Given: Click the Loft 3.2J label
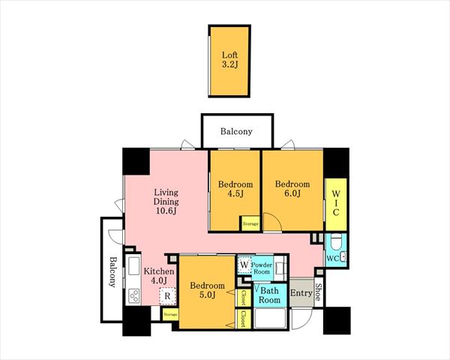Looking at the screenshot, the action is (230, 59).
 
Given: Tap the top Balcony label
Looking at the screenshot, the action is (236, 131).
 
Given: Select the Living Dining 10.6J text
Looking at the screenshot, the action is (166, 202).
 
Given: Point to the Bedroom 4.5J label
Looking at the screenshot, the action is (235, 188).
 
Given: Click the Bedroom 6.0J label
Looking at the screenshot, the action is (292, 188).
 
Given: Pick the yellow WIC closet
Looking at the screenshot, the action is (336, 204).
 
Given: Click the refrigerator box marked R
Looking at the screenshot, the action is (167, 295).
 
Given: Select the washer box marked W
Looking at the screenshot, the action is (244, 265).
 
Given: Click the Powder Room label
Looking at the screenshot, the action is (262, 268).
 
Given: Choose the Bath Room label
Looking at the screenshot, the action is (269, 295).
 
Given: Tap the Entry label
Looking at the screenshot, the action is (301, 292).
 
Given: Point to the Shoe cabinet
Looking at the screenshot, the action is (318, 292).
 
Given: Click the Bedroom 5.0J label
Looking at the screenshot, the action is (207, 290).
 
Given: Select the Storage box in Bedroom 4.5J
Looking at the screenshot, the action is (250, 223).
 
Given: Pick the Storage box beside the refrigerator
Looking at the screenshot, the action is (170, 315).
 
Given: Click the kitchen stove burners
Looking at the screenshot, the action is (134, 295).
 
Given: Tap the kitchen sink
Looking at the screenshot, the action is (133, 265).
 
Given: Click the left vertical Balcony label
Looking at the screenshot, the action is (112, 271).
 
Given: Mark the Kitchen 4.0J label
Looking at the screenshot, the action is (159, 275).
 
